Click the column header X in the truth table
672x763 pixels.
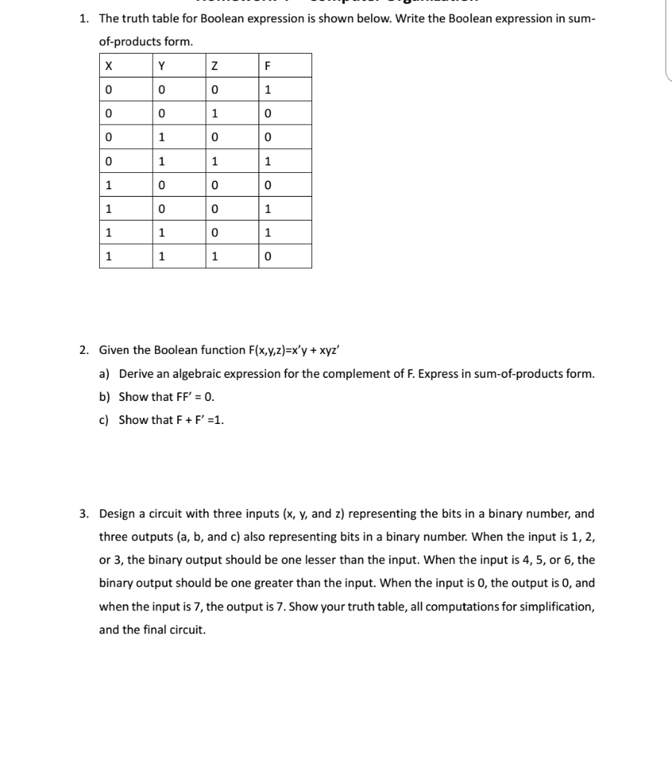point(109,65)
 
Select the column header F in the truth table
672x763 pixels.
point(268,65)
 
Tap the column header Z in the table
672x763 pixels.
point(215,65)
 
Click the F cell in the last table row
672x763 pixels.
point(268,257)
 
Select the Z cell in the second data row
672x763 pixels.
point(215,114)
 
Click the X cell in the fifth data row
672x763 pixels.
point(109,186)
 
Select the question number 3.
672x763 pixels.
point(85,513)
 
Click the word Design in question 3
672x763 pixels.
point(118,513)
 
